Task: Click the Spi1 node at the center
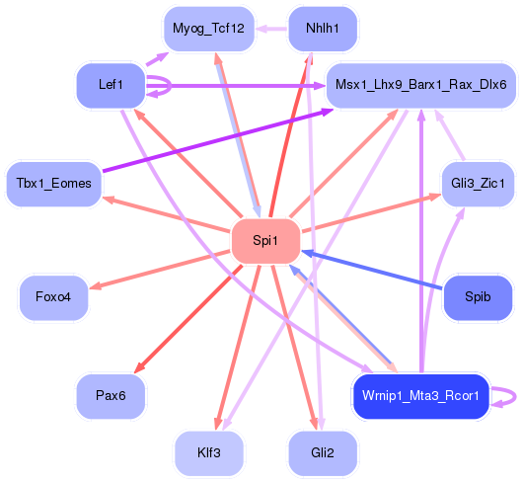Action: (x=264, y=240)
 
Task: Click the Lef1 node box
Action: (x=111, y=85)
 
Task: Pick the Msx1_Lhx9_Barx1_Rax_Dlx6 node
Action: (x=421, y=85)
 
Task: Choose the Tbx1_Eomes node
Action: (x=54, y=183)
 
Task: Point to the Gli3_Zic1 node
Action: (x=478, y=184)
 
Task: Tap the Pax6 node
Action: (x=111, y=395)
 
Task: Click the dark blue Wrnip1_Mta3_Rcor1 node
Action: (x=421, y=396)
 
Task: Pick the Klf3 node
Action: (x=208, y=453)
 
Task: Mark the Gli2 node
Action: (x=323, y=453)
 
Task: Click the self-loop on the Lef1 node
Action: (x=168, y=85)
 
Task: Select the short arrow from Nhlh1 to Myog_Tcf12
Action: (x=272, y=28)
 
